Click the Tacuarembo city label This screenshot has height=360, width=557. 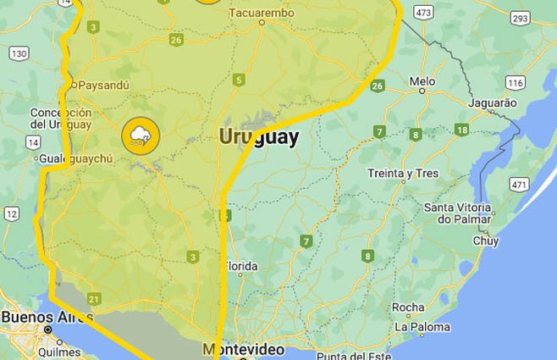[261, 13]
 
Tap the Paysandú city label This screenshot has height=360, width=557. [102, 85]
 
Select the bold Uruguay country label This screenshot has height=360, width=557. [258, 137]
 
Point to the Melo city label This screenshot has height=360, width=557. [422, 81]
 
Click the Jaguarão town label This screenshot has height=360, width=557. [491, 102]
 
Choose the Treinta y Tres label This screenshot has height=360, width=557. [403, 174]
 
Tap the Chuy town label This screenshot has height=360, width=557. [485, 241]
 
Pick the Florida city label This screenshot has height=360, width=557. [240, 267]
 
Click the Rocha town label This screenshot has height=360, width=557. [408, 307]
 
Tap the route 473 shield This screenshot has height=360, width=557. [424, 12]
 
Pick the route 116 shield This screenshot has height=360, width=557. [516, 82]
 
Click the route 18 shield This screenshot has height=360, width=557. [461, 130]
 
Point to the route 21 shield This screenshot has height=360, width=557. [93, 298]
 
